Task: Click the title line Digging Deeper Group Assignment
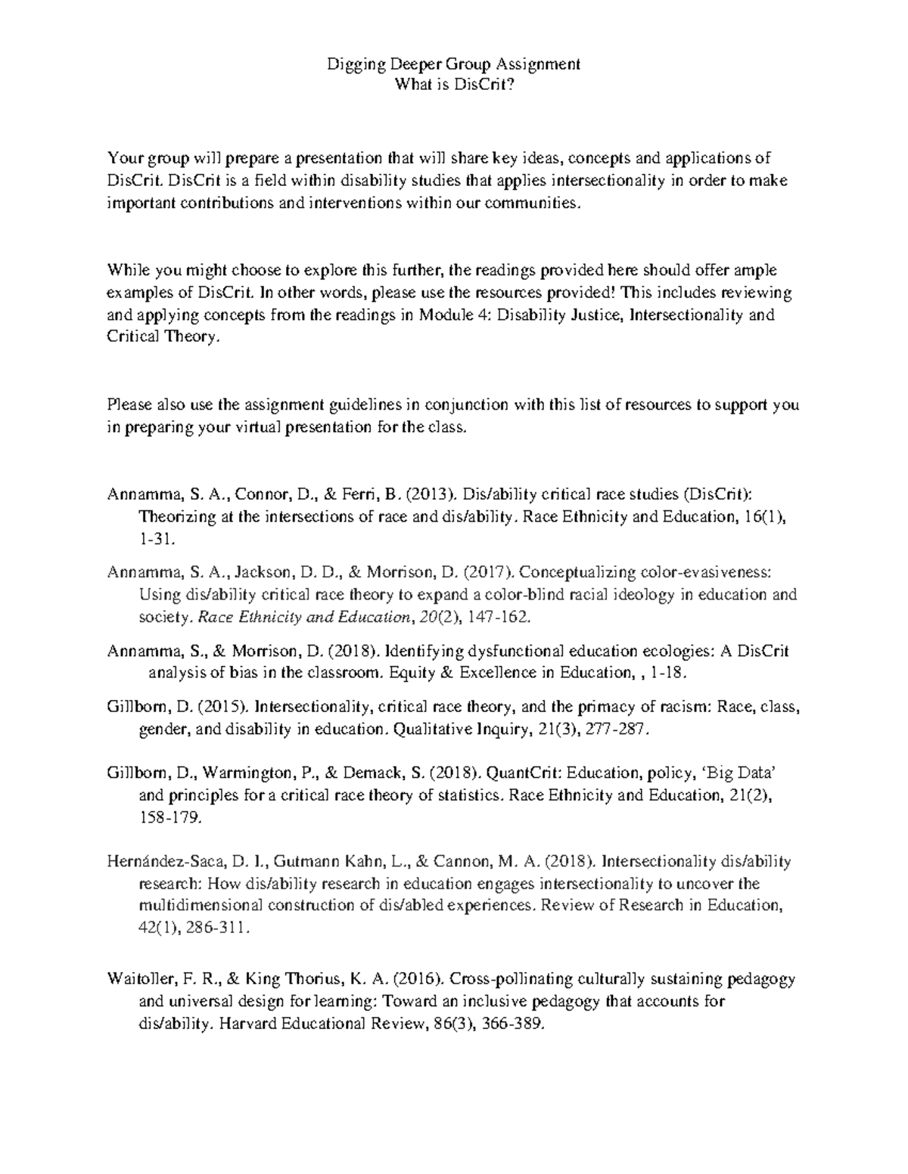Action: (453, 64)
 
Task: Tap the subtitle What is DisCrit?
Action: (454, 85)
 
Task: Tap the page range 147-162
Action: (499, 617)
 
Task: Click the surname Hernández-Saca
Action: (165, 861)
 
